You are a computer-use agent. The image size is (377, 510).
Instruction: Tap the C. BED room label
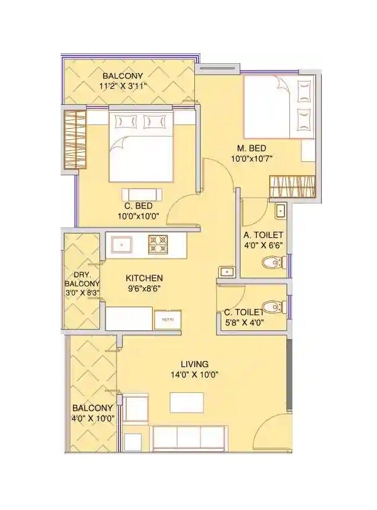tap(139, 206)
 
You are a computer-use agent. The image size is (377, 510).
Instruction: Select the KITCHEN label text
tap(145, 278)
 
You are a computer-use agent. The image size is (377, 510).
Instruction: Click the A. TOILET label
tap(263, 235)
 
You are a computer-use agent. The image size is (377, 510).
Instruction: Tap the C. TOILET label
tap(247, 312)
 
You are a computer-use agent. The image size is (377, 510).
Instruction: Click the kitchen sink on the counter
tap(122, 245)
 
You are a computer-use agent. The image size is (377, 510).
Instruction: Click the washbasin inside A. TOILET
tap(280, 211)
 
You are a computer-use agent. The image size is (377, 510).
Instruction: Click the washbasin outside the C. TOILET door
tap(226, 271)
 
